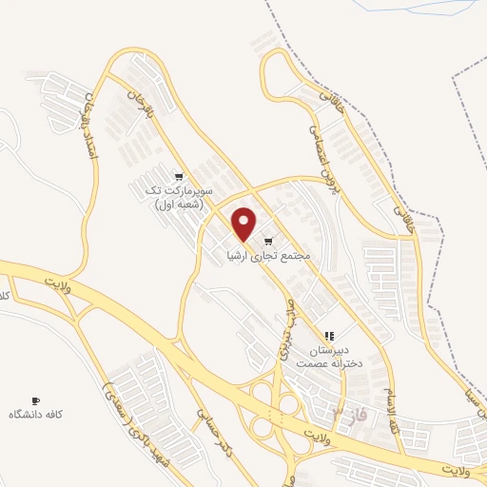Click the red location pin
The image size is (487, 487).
[x=244, y=223]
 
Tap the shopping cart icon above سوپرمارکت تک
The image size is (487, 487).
[x=179, y=176]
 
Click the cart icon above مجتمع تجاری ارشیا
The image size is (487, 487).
[x=269, y=241]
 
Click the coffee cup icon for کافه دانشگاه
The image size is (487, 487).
[x=36, y=400]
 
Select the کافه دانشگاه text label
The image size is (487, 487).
[x=36, y=415]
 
